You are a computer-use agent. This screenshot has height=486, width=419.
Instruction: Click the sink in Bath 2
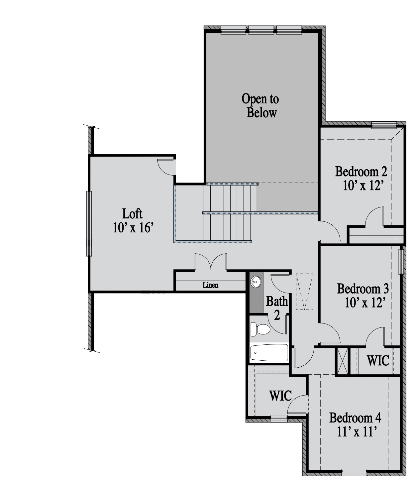[x=256, y=282]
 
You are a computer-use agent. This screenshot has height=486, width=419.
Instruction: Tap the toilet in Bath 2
[x=261, y=329]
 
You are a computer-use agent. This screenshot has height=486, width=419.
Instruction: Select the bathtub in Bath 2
[x=269, y=353]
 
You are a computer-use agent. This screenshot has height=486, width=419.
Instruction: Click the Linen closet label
[x=210, y=285]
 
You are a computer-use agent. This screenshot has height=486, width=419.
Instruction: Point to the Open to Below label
[x=261, y=106]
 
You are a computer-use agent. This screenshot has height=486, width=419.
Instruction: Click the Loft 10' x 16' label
[x=133, y=221]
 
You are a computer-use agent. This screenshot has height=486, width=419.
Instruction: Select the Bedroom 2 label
[x=361, y=172]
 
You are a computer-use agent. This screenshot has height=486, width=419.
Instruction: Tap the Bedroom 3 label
[x=363, y=289]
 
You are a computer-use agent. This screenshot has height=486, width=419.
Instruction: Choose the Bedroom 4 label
[x=355, y=418]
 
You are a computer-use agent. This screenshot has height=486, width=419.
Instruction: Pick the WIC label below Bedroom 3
[x=378, y=360]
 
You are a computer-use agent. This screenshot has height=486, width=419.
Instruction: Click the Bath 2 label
[x=277, y=308]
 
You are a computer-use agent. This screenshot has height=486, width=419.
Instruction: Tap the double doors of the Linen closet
[x=211, y=262]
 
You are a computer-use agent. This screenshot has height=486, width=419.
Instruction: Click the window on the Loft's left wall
[x=89, y=223]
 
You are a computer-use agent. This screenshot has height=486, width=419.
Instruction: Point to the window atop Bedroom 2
[x=384, y=125]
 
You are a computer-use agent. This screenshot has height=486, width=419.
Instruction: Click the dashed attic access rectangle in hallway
[x=305, y=292]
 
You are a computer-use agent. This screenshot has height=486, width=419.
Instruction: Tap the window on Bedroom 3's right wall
[x=401, y=262]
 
